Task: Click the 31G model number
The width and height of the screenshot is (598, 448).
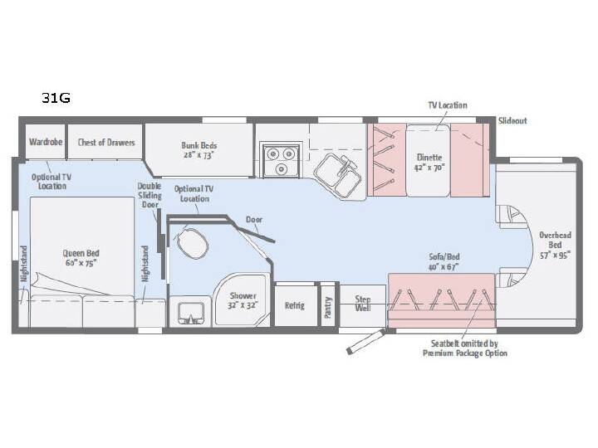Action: point(56,98)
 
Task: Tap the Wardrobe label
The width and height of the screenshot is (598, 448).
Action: point(46,142)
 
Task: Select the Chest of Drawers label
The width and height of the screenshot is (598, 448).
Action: point(106,143)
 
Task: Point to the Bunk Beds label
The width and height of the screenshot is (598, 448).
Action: point(199,150)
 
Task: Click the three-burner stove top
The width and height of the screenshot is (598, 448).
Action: point(281,160)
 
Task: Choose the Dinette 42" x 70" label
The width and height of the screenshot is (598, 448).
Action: point(429,163)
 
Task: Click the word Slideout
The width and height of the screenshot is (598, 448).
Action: point(512,121)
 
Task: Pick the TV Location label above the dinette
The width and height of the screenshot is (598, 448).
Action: point(448,105)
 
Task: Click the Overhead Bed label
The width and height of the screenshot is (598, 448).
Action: point(555,245)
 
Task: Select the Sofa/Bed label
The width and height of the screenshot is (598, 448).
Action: point(444,261)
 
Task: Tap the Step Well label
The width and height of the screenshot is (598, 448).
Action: point(363,304)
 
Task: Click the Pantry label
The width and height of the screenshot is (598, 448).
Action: point(327,308)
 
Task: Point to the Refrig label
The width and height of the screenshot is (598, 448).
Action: point(294,305)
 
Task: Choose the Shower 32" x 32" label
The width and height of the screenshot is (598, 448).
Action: point(243,300)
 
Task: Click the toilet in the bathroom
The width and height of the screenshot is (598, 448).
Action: point(193,243)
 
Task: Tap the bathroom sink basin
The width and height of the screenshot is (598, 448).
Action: point(189,313)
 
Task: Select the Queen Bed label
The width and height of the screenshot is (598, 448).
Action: point(81,258)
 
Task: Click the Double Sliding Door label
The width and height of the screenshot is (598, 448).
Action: point(149,196)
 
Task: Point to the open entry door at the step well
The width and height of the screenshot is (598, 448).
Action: point(365,342)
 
